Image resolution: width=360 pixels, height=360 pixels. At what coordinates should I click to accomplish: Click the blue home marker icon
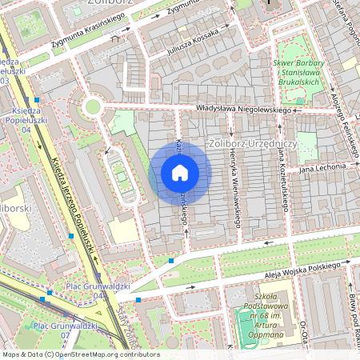coord(180,173)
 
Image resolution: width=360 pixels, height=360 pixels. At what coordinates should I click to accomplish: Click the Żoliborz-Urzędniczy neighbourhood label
coord(252,142)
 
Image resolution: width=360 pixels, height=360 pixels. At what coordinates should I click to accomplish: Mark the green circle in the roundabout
coord(93,106)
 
